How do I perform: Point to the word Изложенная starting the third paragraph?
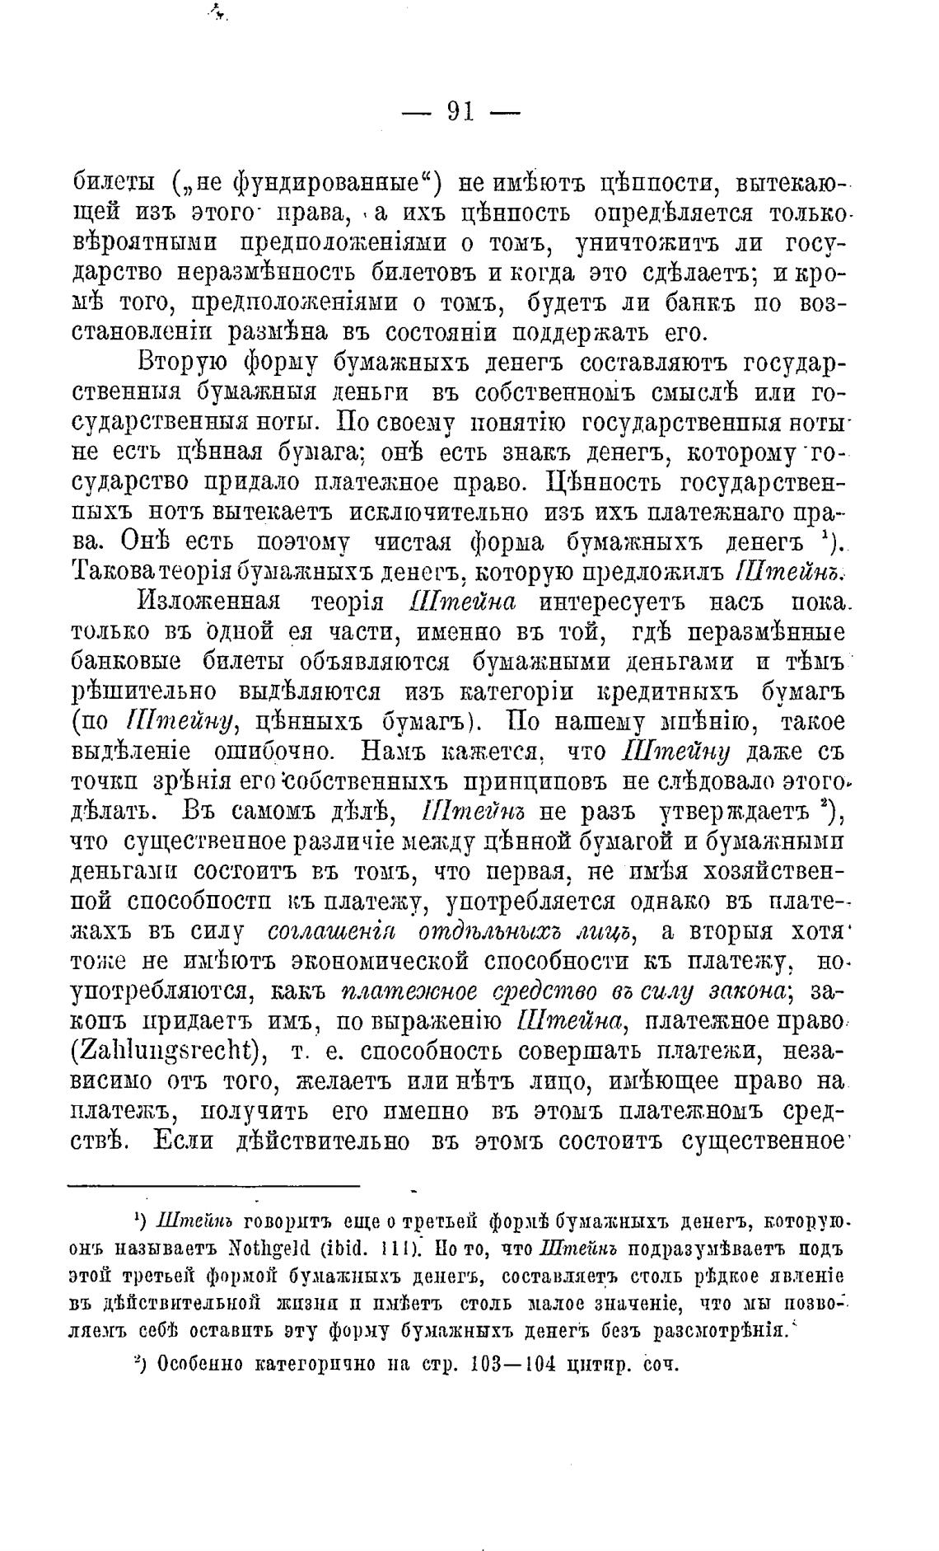208,601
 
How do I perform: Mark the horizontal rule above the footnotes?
213,1186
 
